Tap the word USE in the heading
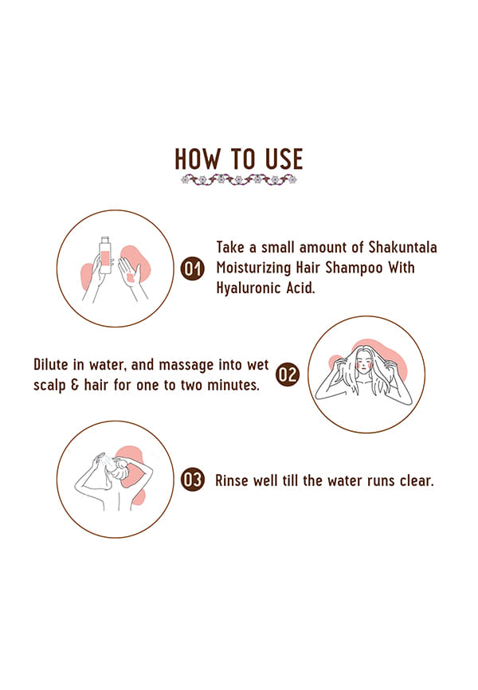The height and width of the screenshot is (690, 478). point(284,159)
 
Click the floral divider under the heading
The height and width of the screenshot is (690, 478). point(239,179)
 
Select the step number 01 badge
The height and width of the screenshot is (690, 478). point(193,268)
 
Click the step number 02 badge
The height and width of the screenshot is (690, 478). point(288,374)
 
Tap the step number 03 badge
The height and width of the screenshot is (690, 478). point(193,479)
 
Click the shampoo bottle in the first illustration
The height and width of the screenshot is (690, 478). point(106,255)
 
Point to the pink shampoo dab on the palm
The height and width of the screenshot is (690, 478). point(130,277)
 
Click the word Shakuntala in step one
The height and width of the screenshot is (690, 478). point(403,247)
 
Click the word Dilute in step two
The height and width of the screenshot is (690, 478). point(51,364)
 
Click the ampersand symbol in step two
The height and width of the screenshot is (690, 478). point(75,385)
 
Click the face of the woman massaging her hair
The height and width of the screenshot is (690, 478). point(364,363)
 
